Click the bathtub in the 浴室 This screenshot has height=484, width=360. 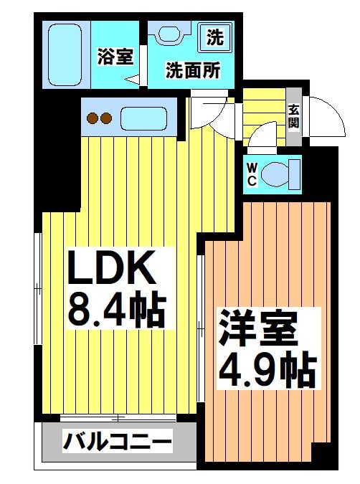[x=65, y=55]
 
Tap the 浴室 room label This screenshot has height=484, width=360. [x=115, y=57]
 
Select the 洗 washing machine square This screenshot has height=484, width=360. [x=215, y=37]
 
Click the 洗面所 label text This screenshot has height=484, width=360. [x=193, y=70]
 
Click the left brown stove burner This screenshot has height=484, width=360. [x=93, y=118]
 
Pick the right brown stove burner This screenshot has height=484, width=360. [x=106, y=118]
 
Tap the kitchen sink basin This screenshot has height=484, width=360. [x=144, y=118]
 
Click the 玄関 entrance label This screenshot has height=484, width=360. [x=294, y=116]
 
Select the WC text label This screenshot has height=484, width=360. [x=252, y=175]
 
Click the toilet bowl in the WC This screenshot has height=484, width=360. [x=275, y=175]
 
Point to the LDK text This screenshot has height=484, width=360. [x=111, y=268]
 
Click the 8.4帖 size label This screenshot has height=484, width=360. [x=117, y=310]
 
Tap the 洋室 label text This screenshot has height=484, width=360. [x=258, y=328]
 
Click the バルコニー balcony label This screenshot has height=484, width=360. [x=118, y=441]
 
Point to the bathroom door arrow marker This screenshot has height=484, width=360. [x=132, y=80]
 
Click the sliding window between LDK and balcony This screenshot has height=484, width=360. [x=118, y=418]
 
